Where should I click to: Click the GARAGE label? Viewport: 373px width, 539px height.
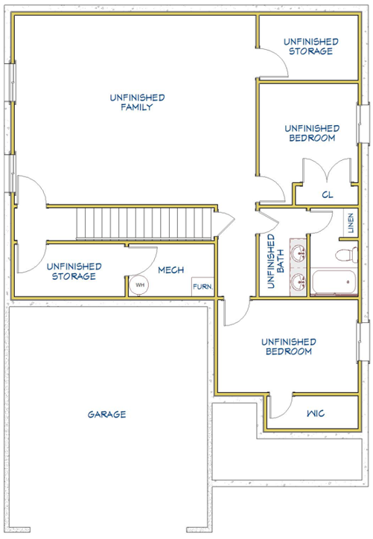click(x=106, y=414)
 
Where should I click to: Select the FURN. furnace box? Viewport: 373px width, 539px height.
click(x=203, y=287)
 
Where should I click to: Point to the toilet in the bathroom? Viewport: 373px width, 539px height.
click(x=346, y=255)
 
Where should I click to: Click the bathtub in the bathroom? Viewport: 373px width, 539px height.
click(x=335, y=283)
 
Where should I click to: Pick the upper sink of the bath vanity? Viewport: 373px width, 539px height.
click(x=299, y=253)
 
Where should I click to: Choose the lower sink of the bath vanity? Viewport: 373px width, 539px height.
click(x=299, y=281)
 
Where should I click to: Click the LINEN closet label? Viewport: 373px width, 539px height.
click(x=351, y=223)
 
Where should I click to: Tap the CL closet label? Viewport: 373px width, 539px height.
click(x=328, y=195)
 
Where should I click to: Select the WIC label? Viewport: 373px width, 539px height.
click(x=316, y=413)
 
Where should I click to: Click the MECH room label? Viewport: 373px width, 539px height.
click(x=170, y=270)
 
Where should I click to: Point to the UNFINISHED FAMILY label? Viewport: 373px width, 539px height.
click(x=137, y=102)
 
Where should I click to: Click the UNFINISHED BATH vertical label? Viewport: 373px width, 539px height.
click(x=275, y=261)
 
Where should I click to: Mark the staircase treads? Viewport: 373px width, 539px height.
click(x=144, y=223)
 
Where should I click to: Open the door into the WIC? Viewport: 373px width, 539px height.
click(x=279, y=406)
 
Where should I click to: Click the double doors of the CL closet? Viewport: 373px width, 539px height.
click(x=327, y=170)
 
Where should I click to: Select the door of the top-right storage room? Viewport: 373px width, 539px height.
click(x=273, y=63)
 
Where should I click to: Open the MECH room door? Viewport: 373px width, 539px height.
click(x=143, y=261)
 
